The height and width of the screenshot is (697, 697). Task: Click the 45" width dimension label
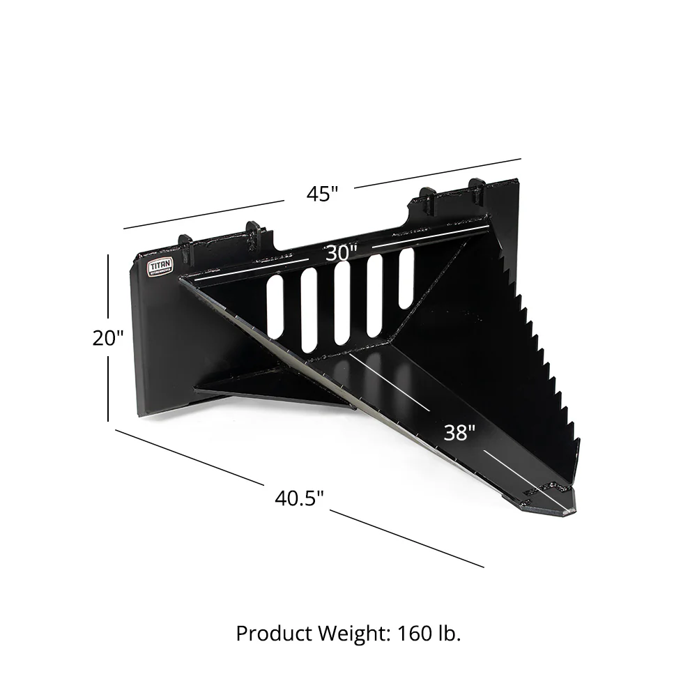click(322, 193)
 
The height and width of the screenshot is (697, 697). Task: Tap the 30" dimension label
click(342, 253)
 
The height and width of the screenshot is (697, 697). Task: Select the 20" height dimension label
click(108, 337)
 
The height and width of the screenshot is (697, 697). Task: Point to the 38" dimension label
click(459, 433)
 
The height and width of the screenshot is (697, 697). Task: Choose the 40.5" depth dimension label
click(300, 498)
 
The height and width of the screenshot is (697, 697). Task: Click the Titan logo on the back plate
click(159, 268)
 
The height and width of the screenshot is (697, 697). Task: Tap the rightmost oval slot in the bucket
click(406, 278)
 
